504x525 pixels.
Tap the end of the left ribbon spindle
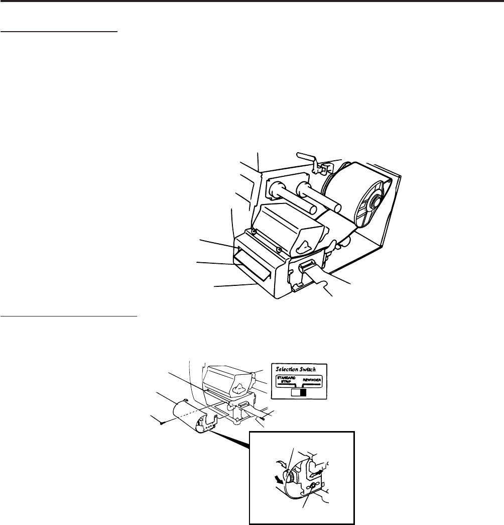tap(274, 190)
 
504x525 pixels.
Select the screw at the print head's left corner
tap(254, 231)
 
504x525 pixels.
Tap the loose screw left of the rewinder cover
tap(159, 423)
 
